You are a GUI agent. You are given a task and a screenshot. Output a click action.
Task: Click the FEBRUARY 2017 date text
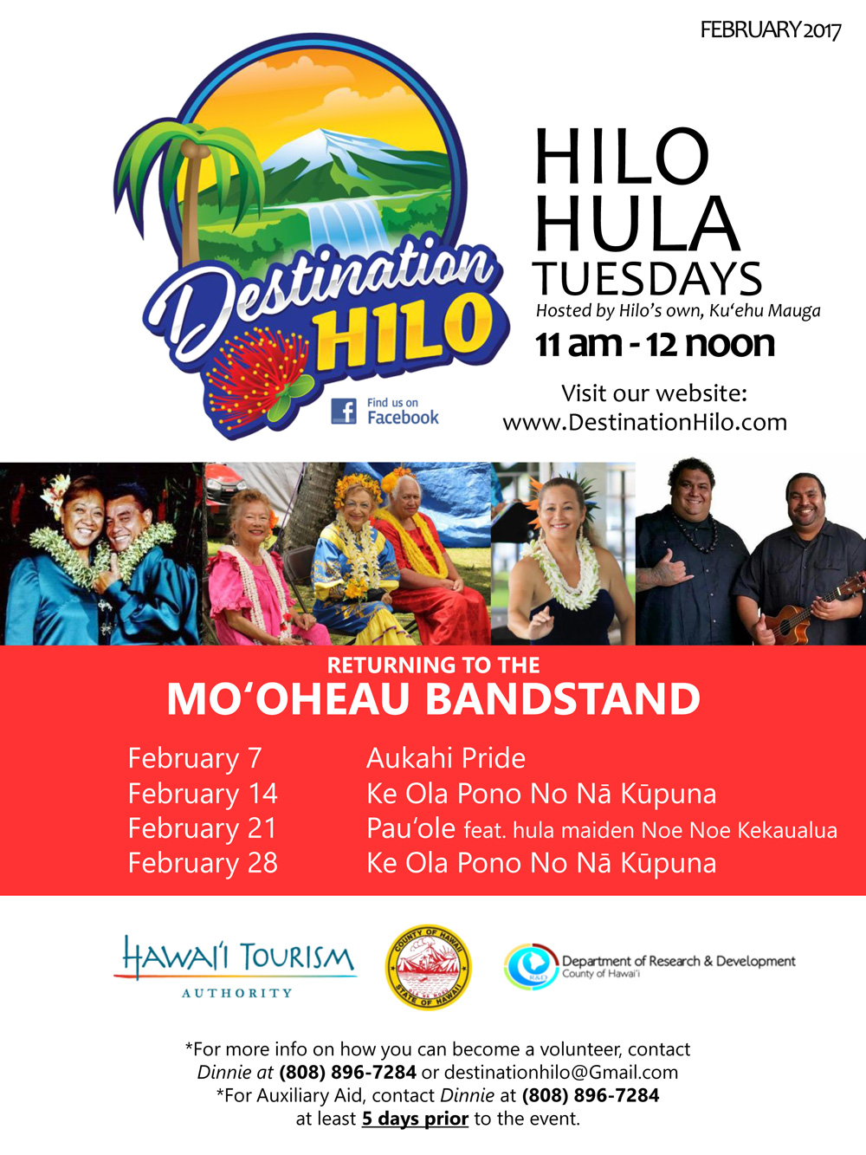point(770,30)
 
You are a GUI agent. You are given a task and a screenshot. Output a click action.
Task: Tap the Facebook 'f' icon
point(343,411)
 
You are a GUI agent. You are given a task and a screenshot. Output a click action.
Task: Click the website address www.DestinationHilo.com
point(644,423)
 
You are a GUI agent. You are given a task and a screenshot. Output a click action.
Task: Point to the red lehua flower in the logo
point(259,375)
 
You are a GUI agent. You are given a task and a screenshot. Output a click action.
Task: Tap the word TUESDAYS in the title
point(648,279)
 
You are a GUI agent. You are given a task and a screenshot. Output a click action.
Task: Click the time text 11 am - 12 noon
point(655,345)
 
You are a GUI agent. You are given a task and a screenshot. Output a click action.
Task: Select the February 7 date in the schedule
point(195,759)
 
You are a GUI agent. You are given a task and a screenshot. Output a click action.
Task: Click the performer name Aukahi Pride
point(446,758)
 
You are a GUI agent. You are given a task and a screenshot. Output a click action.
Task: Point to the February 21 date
point(202,828)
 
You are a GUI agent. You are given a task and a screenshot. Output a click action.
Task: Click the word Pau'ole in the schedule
point(410,828)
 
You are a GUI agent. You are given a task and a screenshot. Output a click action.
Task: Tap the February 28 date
point(203,864)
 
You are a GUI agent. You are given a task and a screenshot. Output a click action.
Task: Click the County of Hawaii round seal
point(429,967)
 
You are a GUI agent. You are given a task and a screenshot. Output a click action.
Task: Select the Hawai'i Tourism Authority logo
point(235,967)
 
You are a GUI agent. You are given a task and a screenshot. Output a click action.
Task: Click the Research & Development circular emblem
point(532,967)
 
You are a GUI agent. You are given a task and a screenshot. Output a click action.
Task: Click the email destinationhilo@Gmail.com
point(561,1072)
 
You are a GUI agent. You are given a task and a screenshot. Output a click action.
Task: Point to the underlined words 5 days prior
point(415,1118)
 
